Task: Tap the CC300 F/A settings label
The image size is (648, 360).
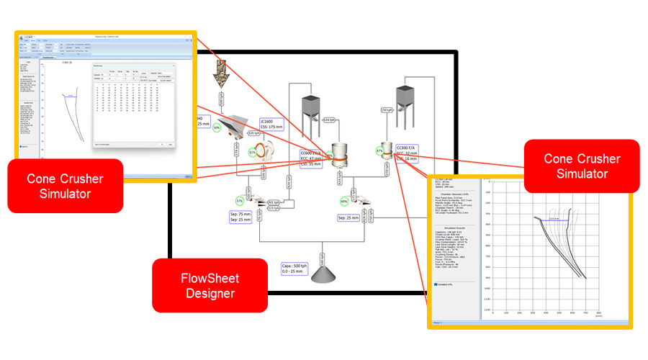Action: [x=407, y=153]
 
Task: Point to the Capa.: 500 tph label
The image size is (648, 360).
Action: [x=297, y=269]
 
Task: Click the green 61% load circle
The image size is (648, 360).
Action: [x=253, y=153]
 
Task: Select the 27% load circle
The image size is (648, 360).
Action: [x=240, y=201]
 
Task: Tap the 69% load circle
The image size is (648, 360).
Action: [x=344, y=201]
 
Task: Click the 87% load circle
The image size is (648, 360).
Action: [x=379, y=151]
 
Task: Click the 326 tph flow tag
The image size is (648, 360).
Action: [x=253, y=133]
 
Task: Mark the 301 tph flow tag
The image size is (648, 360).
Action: [x=274, y=202]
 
